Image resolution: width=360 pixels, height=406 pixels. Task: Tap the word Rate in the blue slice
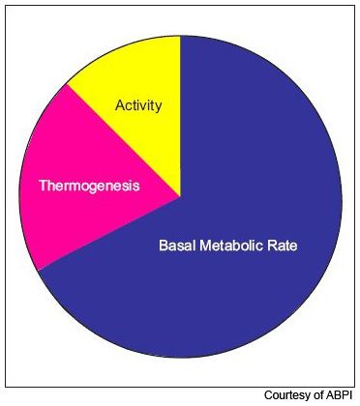(281, 246)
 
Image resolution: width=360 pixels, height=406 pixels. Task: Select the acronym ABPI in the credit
(340, 395)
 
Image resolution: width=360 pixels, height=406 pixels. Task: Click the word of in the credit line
(318, 395)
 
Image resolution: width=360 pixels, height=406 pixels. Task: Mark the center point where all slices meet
(180, 197)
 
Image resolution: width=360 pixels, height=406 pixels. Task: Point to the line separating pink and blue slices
(108, 234)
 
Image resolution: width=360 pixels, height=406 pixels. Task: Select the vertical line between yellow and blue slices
(180, 116)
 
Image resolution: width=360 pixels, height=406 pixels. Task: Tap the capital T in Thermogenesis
(43, 184)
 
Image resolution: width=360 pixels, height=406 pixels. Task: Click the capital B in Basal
(163, 246)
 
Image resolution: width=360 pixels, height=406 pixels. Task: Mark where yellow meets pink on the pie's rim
(67, 85)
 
